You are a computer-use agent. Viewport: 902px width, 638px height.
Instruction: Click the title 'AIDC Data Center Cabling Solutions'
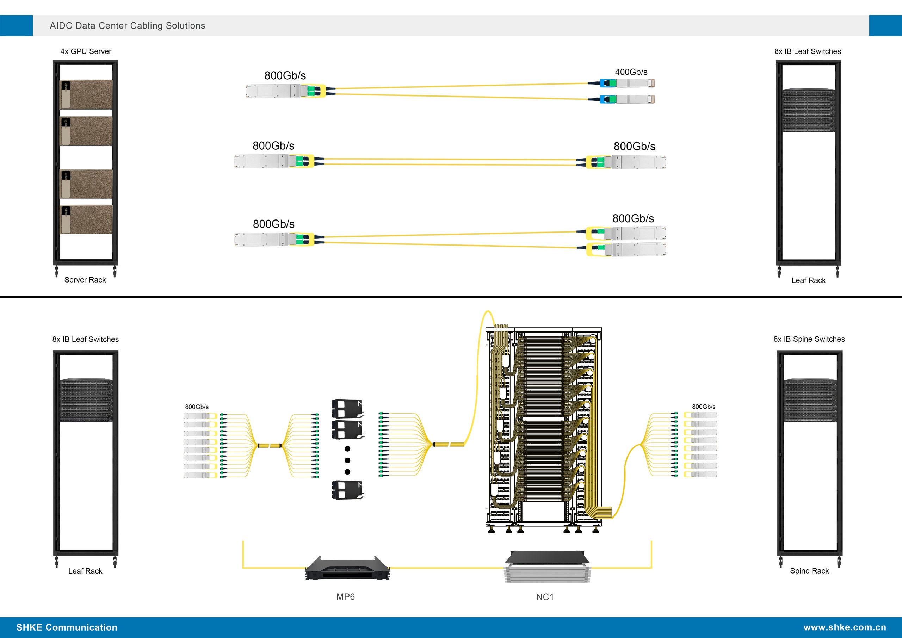[127, 25]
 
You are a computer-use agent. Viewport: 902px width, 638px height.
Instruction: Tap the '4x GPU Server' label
[86, 51]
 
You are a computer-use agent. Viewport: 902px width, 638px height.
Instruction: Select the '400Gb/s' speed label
[631, 72]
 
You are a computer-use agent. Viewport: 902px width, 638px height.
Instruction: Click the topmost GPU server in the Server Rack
[86, 94]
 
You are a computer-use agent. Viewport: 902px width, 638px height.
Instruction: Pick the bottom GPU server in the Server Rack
[86, 219]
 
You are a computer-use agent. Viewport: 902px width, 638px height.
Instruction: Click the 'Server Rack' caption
[85, 280]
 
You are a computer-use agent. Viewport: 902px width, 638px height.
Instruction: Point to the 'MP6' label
[345, 597]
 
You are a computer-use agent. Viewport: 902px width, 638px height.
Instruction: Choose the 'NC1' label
[545, 597]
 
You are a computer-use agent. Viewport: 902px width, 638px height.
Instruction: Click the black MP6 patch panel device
[347, 568]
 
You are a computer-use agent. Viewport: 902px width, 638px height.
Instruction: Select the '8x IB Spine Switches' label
[809, 339]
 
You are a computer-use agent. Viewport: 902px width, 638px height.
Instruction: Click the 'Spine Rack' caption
[809, 571]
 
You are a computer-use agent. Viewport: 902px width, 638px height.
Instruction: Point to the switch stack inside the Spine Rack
[810, 400]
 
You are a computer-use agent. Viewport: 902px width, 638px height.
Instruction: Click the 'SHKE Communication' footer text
[67, 627]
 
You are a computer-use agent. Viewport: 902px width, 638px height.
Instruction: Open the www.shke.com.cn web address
[845, 627]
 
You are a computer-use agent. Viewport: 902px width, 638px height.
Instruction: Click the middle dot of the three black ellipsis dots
[347, 460]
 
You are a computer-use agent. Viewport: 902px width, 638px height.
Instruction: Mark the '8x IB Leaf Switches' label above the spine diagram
[86, 339]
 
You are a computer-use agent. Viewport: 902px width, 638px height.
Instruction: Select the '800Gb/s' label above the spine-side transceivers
[704, 407]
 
